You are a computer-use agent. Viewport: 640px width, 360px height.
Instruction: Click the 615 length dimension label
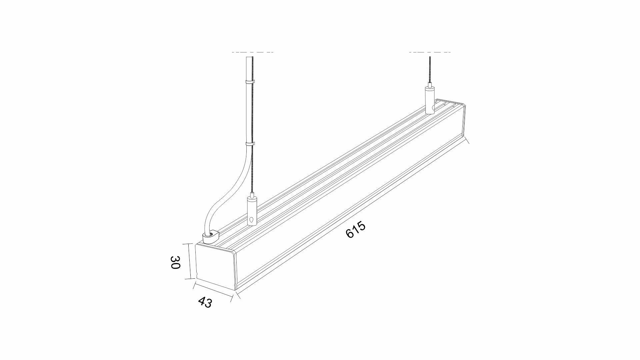pos(356,230)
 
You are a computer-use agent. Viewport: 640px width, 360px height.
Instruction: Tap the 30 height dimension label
pos(175,262)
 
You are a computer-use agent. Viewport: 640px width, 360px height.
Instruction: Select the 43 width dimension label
pos(205,302)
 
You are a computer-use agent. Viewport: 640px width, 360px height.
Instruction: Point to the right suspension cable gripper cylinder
pos(430,100)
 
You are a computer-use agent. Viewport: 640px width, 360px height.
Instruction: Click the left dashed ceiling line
pos(252,52)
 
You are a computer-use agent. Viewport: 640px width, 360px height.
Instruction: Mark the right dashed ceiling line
pos(430,52)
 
